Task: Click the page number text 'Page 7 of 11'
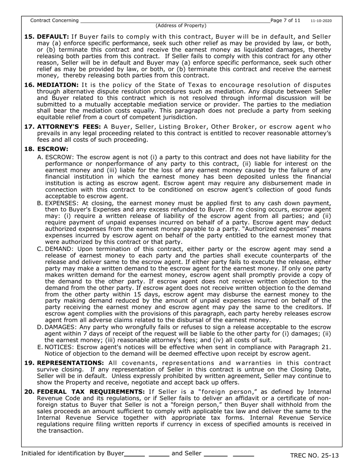(x=285, y=20)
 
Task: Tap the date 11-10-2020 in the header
(x=321, y=21)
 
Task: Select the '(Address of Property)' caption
(x=181, y=26)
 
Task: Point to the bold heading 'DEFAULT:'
(x=53, y=37)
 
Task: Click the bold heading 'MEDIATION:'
(x=58, y=85)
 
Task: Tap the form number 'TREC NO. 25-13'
(x=314, y=455)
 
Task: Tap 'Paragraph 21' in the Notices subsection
(x=311, y=347)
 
